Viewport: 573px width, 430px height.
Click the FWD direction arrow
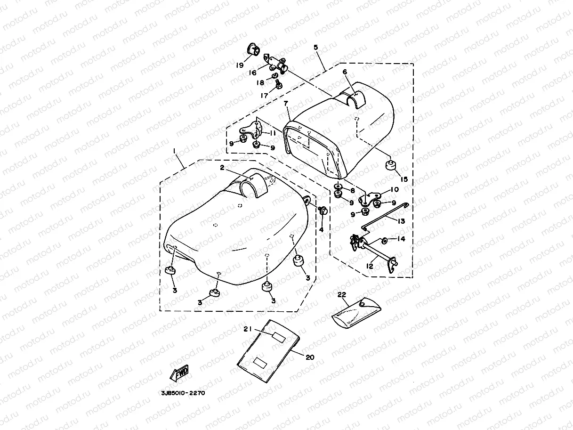point(179,374)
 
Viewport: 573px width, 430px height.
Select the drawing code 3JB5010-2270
point(182,393)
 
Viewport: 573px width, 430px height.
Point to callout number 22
point(342,294)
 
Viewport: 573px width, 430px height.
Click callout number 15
point(403,179)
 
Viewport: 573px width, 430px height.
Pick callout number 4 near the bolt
point(322,229)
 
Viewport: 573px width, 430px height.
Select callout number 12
point(370,266)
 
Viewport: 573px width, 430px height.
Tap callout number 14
point(401,239)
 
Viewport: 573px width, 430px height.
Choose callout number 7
point(286,103)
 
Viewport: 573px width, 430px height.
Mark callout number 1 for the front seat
point(174,151)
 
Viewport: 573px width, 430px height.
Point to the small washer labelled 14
point(385,241)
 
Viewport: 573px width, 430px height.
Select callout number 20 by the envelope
point(309,357)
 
